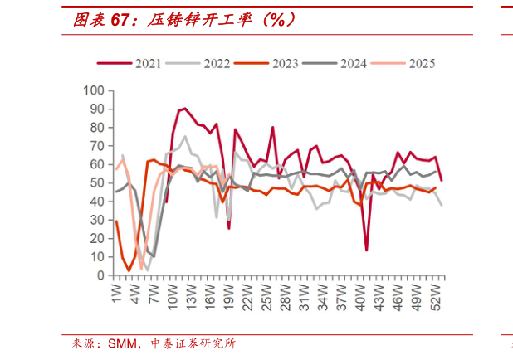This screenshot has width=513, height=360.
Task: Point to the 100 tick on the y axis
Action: (x=94, y=90)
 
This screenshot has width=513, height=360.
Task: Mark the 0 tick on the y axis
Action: (x=100, y=275)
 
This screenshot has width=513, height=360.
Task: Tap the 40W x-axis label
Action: (x=360, y=294)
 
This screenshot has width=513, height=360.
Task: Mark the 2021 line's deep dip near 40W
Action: (x=367, y=250)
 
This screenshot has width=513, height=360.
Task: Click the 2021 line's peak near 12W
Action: (x=184, y=108)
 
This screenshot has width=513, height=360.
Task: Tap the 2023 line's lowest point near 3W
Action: (x=129, y=270)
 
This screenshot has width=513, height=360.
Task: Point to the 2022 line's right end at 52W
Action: (x=442, y=205)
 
